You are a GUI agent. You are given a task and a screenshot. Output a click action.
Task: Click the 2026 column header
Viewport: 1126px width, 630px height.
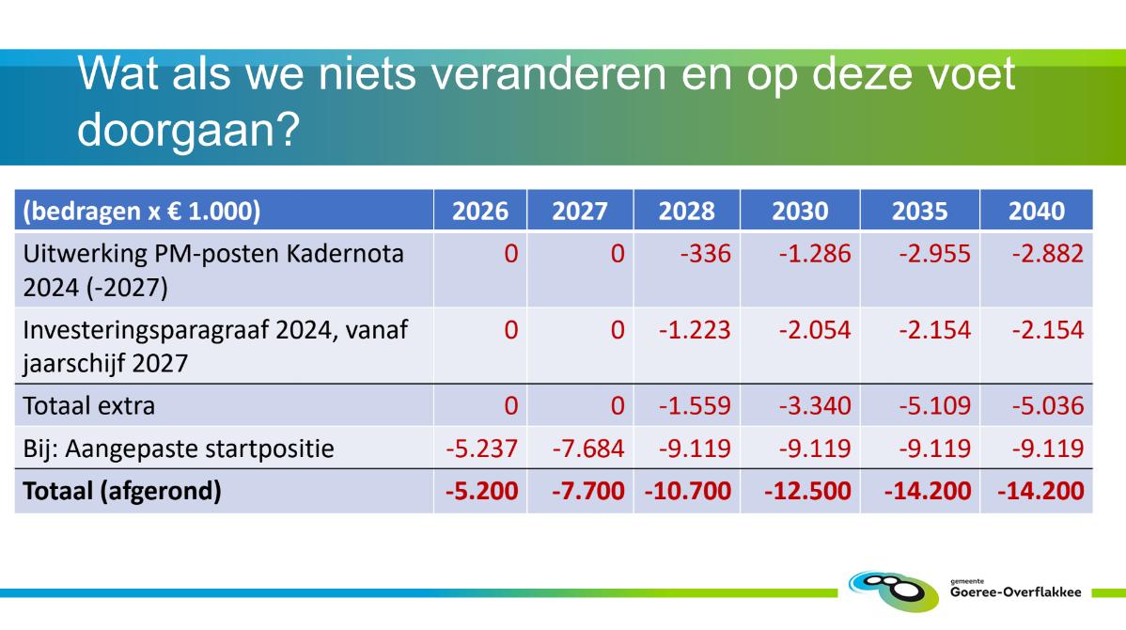click(479, 212)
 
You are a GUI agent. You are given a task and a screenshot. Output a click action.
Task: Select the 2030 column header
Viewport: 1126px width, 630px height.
click(800, 212)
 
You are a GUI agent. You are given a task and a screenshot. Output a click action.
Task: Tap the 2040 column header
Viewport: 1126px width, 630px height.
click(1036, 212)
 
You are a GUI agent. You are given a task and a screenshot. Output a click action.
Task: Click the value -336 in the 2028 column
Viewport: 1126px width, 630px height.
click(705, 254)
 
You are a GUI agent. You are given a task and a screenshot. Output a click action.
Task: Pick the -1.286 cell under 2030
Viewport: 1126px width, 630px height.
click(814, 254)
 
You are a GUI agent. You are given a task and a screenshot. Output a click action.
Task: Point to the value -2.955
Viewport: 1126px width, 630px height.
click(934, 254)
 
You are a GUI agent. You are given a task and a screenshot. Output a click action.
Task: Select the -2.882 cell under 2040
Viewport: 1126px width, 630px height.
click(1048, 254)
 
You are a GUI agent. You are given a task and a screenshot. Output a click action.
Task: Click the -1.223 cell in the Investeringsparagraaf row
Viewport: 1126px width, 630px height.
click(695, 330)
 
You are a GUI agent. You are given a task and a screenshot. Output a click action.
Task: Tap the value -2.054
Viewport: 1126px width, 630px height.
click(814, 330)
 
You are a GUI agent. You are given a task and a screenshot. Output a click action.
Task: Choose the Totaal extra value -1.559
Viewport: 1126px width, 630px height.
click(695, 406)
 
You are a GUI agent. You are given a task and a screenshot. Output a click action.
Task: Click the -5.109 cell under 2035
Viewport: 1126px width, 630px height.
click(934, 406)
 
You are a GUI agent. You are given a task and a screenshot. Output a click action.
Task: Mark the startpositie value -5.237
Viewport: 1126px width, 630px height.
click(481, 449)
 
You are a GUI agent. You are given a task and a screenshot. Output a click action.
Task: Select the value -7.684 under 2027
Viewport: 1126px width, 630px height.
click(588, 449)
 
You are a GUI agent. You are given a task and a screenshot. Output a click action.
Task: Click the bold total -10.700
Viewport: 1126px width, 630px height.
click(688, 492)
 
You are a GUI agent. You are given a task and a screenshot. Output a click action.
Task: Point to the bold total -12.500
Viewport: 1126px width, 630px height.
click(808, 492)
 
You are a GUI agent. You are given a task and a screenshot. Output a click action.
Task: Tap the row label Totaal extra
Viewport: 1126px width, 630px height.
click(89, 406)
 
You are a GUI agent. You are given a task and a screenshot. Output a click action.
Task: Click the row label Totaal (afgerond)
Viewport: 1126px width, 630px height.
click(122, 492)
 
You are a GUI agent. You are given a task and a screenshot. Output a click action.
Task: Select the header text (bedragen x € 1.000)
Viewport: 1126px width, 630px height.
click(142, 212)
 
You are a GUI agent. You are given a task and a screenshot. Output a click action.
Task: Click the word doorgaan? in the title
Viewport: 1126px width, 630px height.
click(188, 130)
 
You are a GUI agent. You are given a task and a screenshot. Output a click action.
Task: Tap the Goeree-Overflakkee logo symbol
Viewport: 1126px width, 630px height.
click(893, 591)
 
